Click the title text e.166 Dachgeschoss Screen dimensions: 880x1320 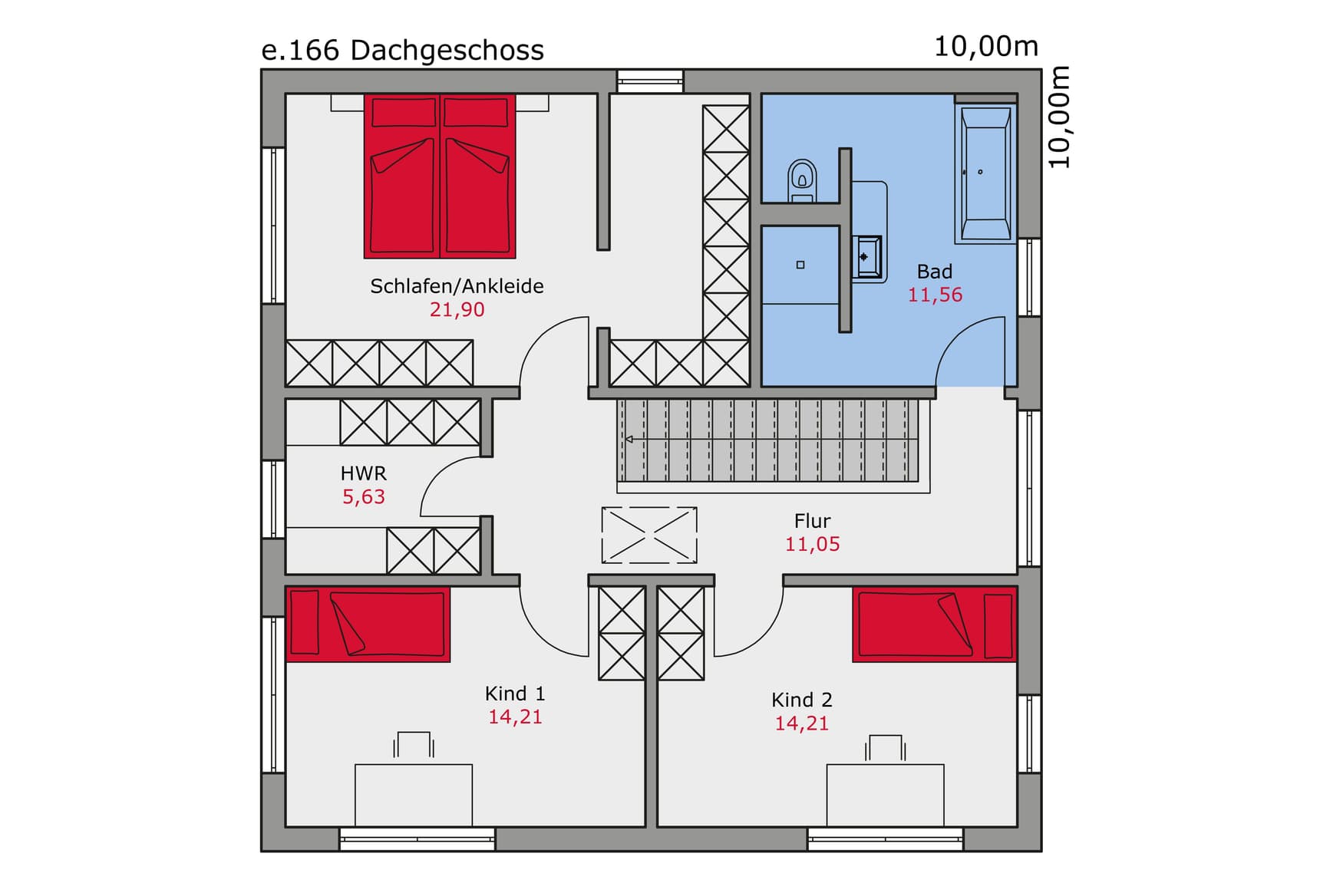point(402,51)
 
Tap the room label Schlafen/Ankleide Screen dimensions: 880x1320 point(457,286)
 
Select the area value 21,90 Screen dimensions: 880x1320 point(457,310)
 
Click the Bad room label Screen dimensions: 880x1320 point(934,272)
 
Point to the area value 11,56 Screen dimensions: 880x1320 point(934,295)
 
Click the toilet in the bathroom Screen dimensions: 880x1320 point(802,180)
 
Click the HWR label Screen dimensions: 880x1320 point(363,473)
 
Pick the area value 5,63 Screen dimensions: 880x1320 point(363,497)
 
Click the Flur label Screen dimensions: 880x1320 point(812,521)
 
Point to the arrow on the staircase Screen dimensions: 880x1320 point(629,440)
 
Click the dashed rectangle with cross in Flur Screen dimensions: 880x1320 point(649,535)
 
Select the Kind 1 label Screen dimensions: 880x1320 point(515,694)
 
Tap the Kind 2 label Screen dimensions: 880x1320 point(801,700)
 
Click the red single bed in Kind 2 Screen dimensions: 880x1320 point(934,625)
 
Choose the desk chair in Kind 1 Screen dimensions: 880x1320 point(414,744)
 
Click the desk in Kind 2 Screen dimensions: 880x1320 point(885,794)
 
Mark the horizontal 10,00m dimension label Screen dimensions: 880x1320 point(985,47)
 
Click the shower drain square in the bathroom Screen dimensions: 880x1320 point(800,265)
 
